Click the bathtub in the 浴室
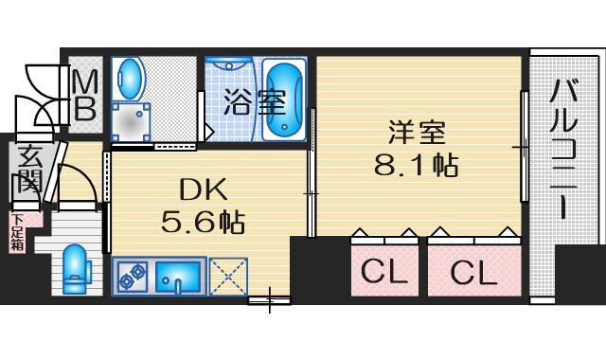point(285,100)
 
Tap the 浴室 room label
point(255,102)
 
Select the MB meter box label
point(85,95)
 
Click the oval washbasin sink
point(132,79)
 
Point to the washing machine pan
point(131,122)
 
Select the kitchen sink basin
point(178,276)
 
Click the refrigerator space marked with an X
point(228,276)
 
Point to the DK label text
point(203,191)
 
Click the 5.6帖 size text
point(203,223)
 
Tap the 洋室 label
point(417,133)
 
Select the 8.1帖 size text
point(417,165)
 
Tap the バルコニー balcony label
point(563,150)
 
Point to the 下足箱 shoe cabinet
point(17,232)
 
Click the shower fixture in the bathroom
point(229,65)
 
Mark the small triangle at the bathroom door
point(208,132)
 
